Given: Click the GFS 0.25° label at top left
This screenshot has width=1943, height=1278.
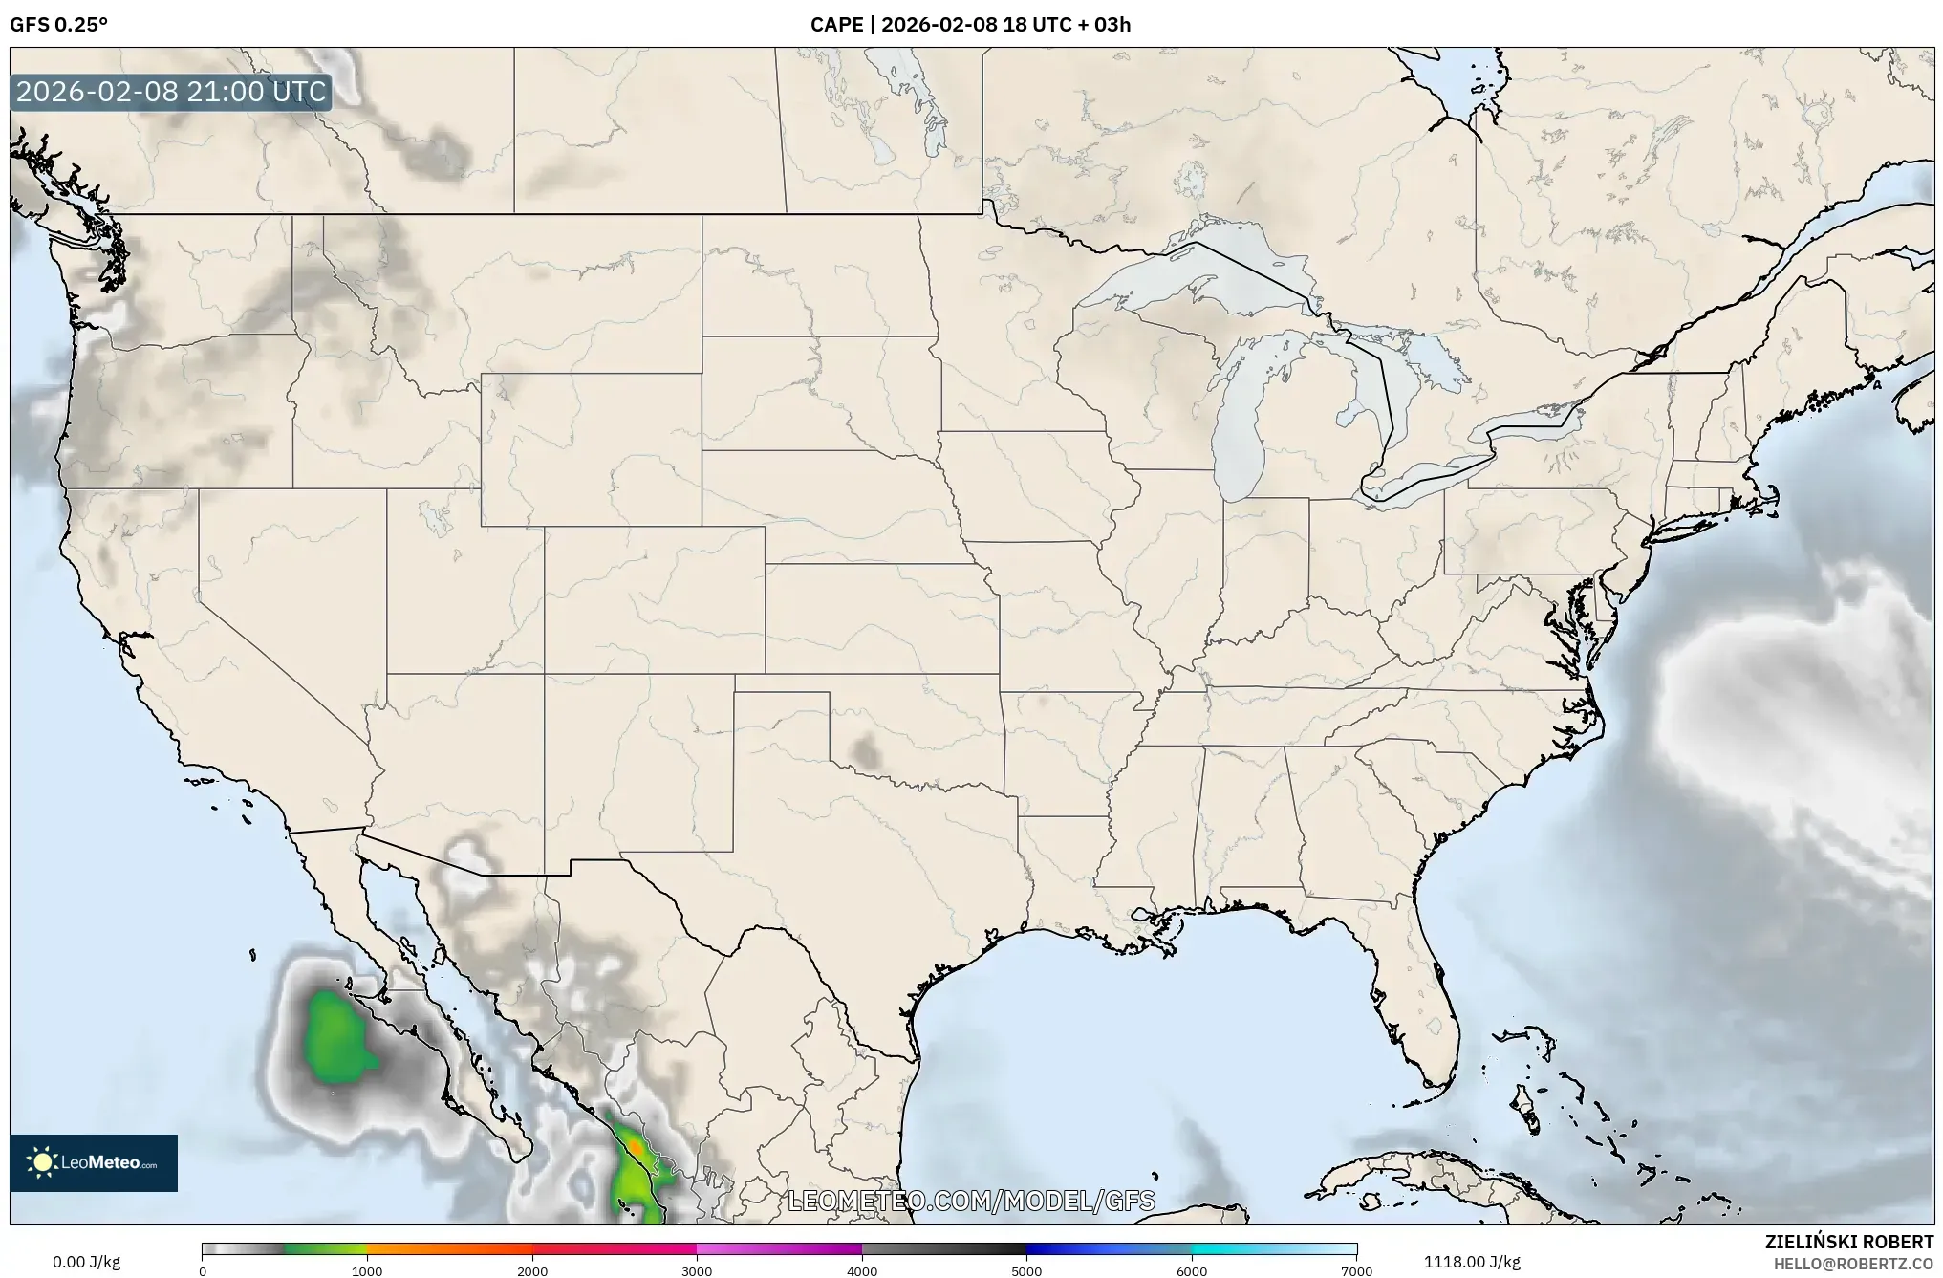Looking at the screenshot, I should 58,25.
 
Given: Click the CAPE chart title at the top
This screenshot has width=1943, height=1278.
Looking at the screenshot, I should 970,25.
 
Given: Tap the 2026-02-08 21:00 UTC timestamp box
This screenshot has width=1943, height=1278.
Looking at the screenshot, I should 171,93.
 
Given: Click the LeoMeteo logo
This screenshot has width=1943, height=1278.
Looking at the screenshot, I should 94,1162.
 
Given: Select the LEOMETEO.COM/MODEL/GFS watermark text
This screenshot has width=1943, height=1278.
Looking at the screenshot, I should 970,1201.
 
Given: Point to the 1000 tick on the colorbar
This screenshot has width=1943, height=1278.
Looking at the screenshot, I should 367,1271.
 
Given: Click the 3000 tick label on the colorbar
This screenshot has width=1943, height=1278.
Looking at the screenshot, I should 697,1271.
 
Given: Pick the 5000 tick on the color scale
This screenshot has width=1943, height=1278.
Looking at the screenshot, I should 1026,1271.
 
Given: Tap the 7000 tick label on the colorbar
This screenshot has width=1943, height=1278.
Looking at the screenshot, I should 1356,1271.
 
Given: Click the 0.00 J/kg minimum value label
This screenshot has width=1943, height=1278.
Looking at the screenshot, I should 86,1262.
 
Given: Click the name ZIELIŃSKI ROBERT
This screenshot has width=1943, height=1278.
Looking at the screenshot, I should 1848,1242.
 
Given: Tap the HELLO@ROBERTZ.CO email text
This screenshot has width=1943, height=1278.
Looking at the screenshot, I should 1853,1264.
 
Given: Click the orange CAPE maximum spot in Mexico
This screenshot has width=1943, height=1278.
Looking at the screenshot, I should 636,1144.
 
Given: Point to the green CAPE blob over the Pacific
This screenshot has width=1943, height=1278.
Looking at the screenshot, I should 336,1037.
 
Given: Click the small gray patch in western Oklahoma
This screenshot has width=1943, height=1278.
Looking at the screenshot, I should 867,752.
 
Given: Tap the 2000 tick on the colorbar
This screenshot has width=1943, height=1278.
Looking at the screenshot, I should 532,1271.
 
